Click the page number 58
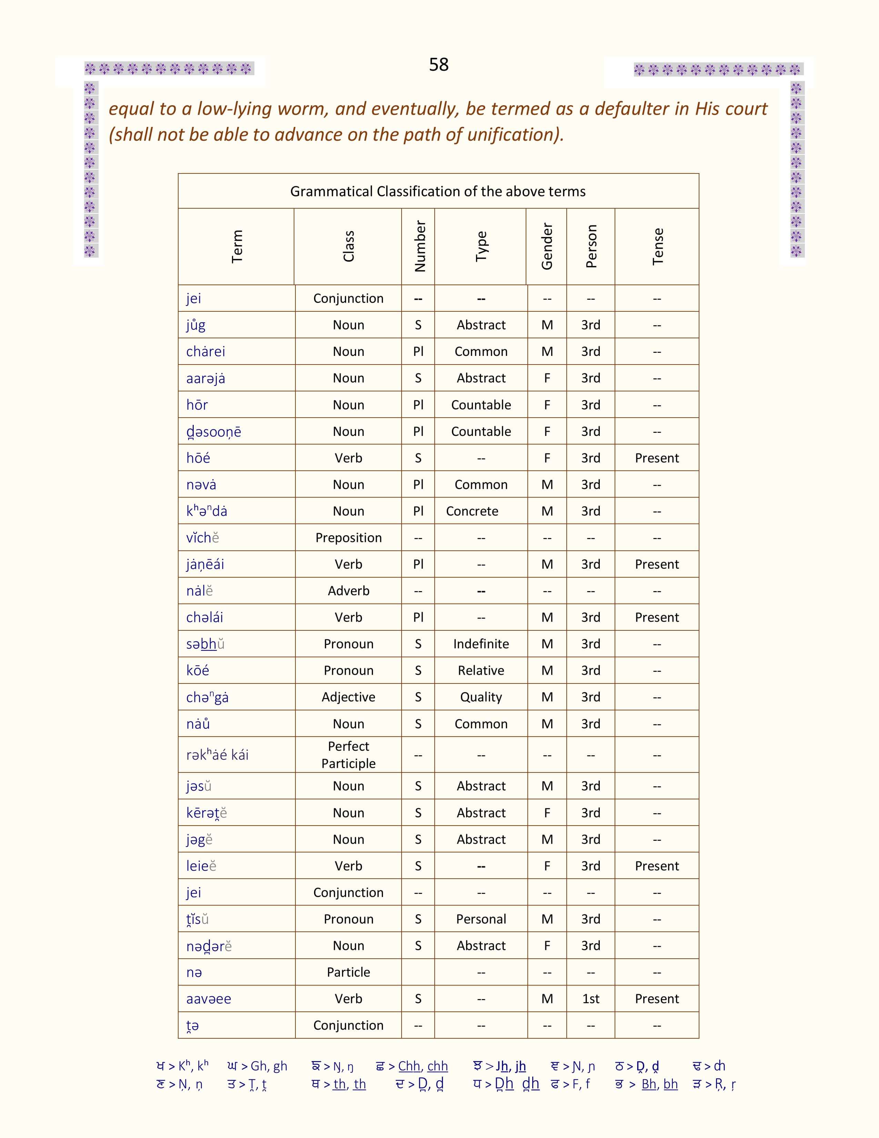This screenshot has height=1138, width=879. [438, 64]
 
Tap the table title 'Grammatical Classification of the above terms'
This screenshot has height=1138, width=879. [438, 191]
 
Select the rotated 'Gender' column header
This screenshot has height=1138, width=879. [547, 247]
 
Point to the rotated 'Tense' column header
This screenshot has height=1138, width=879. [658, 247]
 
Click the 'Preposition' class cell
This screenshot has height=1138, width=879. [348, 538]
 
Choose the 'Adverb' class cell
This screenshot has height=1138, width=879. [348, 591]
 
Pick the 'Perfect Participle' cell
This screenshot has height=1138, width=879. [348, 755]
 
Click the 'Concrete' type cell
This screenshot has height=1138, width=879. [472, 511]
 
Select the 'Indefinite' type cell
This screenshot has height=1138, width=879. [481, 644]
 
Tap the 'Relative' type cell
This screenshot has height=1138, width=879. [481, 671]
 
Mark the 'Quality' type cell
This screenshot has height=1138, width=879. [481, 697]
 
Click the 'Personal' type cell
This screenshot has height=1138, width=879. [481, 919]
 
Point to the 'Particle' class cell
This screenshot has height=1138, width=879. [348, 972]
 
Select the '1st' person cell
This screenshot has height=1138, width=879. [590, 999]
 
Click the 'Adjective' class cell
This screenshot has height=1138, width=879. [348, 697]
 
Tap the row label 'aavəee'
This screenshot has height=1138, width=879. [208, 999]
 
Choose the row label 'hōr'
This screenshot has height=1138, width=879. [197, 405]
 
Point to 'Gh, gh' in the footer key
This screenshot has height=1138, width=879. [269, 1067]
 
